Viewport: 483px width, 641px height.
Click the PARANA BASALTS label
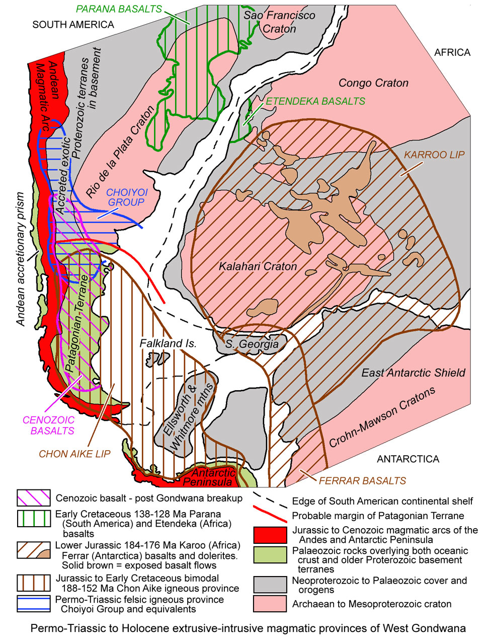click(119, 9)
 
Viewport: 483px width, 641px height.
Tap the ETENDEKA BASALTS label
click(315, 101)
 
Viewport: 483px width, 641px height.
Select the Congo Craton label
click(373, 83)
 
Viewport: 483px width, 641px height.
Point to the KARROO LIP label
click(434, 155)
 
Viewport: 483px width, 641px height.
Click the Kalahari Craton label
click(258, 266)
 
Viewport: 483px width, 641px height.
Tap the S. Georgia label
click(252, 344)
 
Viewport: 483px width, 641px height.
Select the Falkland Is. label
click(168, 343)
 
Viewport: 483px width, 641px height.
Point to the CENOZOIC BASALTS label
click(49, 425)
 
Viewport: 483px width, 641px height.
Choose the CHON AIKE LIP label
click(74, 454)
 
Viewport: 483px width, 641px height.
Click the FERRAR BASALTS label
click(362, 481)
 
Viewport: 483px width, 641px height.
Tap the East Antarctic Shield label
click(413, 373)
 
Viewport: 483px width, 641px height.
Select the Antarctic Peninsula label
click(213, 477)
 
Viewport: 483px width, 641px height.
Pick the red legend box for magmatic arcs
click(271, 535)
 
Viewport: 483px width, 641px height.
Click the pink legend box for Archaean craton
click(271, 604)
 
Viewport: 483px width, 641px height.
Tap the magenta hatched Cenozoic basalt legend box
click(33, 498)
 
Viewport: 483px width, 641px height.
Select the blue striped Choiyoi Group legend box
click(33, 604)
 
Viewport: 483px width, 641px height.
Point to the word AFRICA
click(452, 52)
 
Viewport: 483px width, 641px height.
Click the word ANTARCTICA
click(408, 459)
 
